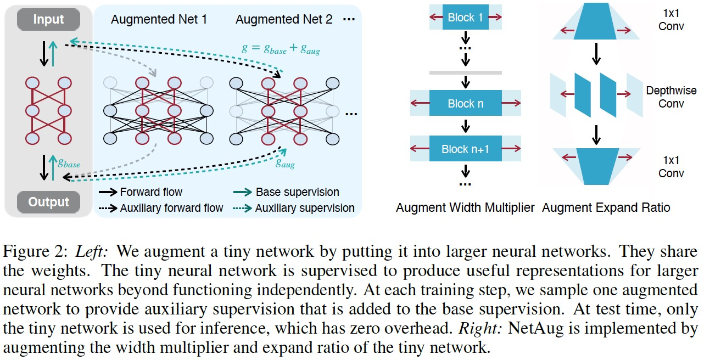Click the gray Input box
tap(48, 20)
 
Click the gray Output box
tap(48, 202)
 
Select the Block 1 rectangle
tap(465, 18)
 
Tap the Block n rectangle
tap(465, 104)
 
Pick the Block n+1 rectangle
tap(465, 149)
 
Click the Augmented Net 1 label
tap(159, 20)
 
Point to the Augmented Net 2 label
tap(284, 20)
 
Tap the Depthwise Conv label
tap(671, 97)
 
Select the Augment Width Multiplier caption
tap(465, 208)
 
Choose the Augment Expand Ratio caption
tap(606, 208)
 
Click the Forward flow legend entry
tap(151, 192)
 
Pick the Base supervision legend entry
tap(297, 192)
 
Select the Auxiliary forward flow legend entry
tap(171, 208)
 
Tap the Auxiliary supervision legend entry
tap(305, 208)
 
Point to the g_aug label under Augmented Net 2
tap(284, 163)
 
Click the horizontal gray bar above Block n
tap(465, 72)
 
